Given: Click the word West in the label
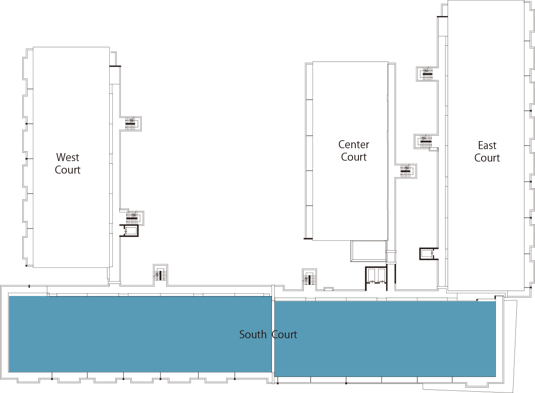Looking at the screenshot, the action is click(68, 158).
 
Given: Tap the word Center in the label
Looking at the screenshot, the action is click(354, 145).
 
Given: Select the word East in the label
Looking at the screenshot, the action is click(487, 145).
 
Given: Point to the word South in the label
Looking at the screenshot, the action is click(253, 335).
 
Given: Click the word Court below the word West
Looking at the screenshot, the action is click(68, 170).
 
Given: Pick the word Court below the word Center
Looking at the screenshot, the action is click(354, 157).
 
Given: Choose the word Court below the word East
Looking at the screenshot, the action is click(487, 158).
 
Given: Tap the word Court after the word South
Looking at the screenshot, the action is click(284, 335).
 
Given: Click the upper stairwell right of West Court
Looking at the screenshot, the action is click(133, 124).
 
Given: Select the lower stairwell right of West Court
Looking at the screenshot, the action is click(135, 218).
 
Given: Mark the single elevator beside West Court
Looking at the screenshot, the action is click(129, 231).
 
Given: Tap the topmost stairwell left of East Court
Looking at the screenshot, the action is click(427, 74).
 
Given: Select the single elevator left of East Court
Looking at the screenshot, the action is click(429, 254).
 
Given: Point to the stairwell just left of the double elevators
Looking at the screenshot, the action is click(309, 280).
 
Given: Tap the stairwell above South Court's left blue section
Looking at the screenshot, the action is click(160, 275).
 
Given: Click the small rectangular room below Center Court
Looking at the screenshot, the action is click(368, 251).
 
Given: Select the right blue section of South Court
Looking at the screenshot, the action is click(385, 339).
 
